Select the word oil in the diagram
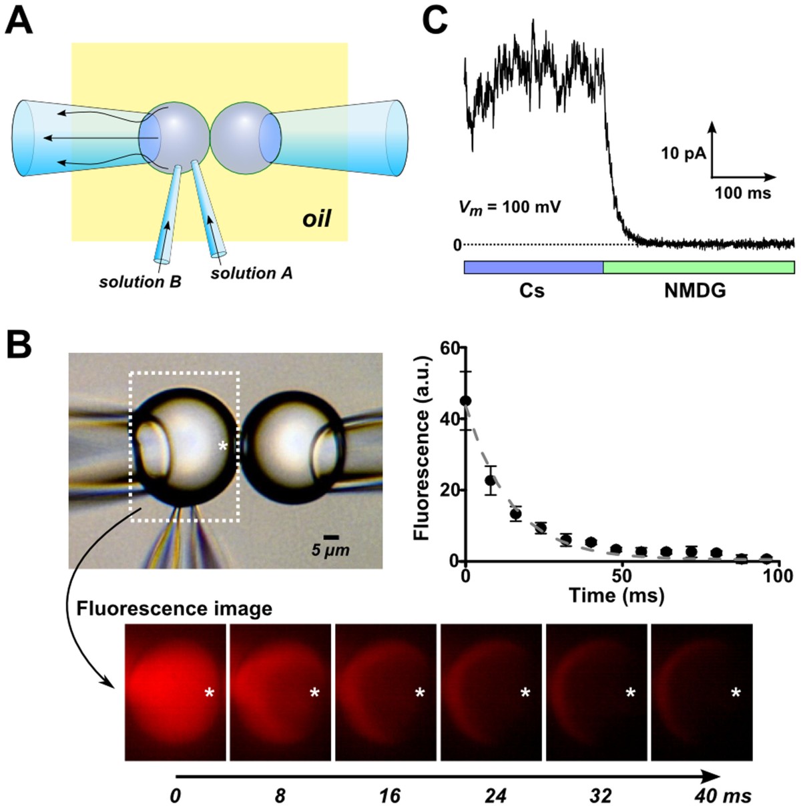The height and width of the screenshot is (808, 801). pos(316,218)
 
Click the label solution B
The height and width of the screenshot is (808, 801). pos(140,282)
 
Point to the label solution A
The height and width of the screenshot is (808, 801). pos(251,273)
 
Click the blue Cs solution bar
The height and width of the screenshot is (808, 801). pos(533,267)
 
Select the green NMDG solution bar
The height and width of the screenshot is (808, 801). pos(698,267)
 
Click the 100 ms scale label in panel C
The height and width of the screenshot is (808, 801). pos(742,193)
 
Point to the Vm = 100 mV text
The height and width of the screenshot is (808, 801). pos(509,207)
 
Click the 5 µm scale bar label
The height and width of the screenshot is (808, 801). pos(330,551)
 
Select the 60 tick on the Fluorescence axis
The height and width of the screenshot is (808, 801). pos(449,348)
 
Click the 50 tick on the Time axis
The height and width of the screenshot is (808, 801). pos(622,576)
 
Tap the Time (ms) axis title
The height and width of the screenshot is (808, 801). pos(616,595)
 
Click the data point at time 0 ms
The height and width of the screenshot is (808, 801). pos(466,400)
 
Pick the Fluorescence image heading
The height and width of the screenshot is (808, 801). pos(174,609)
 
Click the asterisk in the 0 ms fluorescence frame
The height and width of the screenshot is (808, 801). pos(210,694)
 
